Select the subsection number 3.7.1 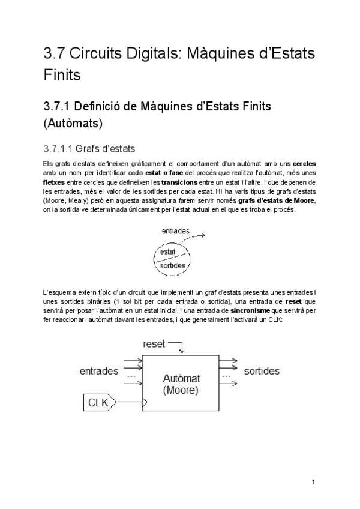(58, 106)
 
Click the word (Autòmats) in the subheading (73, 124)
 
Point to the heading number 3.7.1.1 (62, 148)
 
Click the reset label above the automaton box (154, 343)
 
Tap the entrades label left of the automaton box (98, 371)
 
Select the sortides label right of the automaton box (261, 371)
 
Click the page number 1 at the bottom (313, 482)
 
